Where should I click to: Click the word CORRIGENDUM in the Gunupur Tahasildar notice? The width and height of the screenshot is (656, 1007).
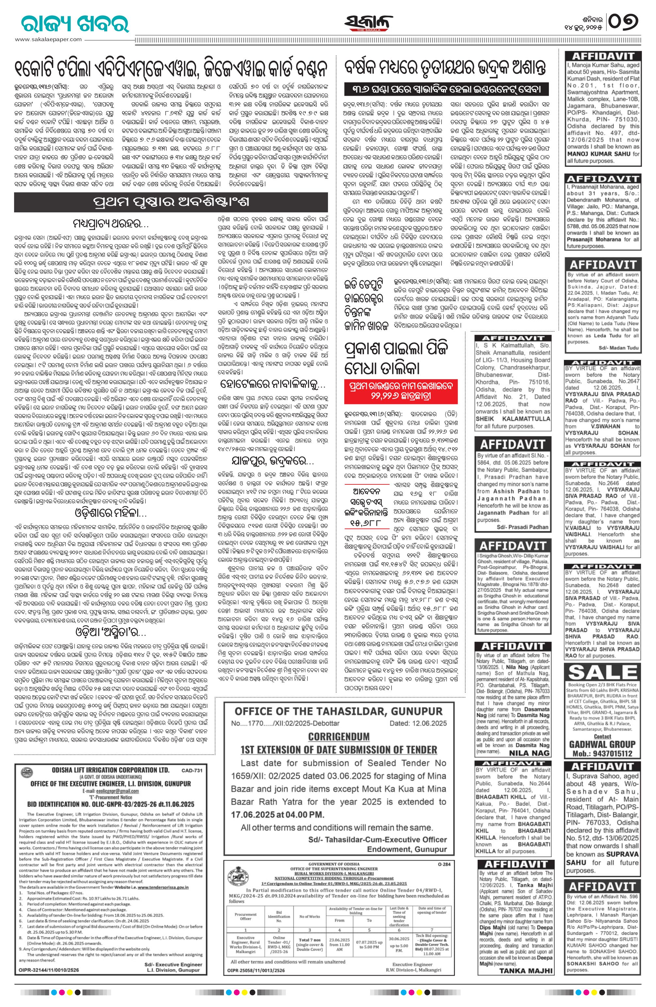[x=338, y=737]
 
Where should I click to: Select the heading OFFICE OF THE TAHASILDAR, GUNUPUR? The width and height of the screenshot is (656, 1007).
[x=338, y=711]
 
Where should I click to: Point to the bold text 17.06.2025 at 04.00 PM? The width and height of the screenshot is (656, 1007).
[x=277, y=814]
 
